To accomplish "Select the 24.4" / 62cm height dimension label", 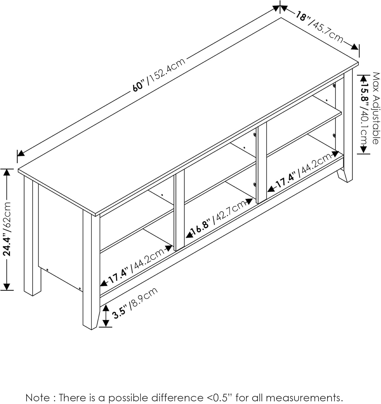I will point(7,229).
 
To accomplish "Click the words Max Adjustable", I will point(376,108).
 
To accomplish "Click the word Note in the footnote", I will point(38,398).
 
